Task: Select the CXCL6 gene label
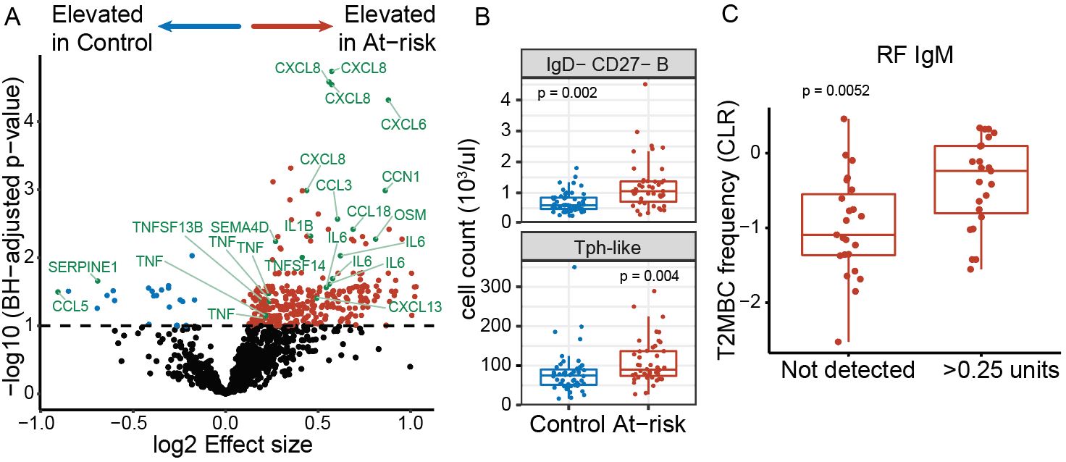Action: tap(403, 125)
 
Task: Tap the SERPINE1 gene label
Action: tap(83, 266)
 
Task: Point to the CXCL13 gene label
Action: tap(415, 306)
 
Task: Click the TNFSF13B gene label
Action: tap(167, 227)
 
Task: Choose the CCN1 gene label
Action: tap(400, 176)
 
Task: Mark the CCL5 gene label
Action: tap(70, 306)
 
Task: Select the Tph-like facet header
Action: tap(608, 246)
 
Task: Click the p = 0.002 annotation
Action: tap(566, 93)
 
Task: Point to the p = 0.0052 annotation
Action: tap(831, 91)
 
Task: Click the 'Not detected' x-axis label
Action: tap(847, 370)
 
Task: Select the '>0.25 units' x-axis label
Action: tap(996, 370)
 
